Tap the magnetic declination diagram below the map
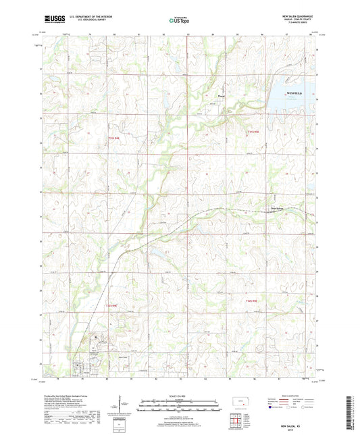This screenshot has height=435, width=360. point(120,405)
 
